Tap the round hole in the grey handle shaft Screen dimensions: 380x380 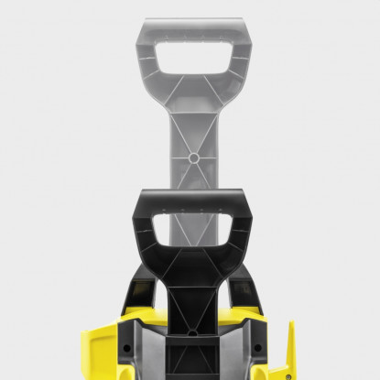coord(193,157)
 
